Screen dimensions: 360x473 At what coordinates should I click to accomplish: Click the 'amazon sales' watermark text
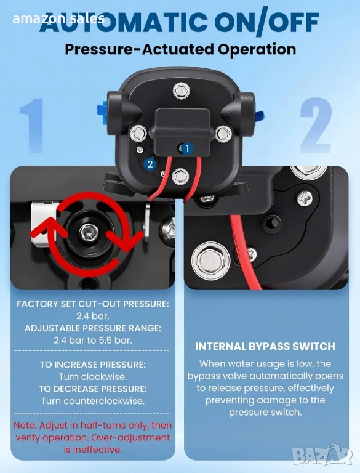[x=58, y=19]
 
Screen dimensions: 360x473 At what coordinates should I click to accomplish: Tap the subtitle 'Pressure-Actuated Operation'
[x=180, y=49]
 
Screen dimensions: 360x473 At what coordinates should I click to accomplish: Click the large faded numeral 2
[x=316, y=124]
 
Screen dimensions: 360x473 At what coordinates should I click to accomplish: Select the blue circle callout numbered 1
[x=187, y=148]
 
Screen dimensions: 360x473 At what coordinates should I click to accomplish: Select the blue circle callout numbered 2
[x=150, y=164]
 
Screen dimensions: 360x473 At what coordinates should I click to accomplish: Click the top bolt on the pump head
[x=181, y=90]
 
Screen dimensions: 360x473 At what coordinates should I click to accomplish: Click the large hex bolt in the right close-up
[x=210, y=261]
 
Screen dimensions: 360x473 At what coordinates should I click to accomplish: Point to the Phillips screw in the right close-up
[x=305, y=199]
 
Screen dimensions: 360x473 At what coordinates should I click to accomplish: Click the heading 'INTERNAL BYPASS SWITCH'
[x=265, y=346]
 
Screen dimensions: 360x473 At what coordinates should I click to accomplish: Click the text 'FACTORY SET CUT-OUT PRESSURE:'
[x=93, y=304]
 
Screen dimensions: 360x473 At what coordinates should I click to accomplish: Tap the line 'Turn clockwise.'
[x=93, y=377]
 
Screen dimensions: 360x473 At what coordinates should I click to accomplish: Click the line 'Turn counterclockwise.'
[x=93, y=401]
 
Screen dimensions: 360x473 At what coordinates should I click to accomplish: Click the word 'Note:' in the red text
[x=25, y=426]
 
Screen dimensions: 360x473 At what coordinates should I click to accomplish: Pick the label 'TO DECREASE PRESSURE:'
[x=93, y=389]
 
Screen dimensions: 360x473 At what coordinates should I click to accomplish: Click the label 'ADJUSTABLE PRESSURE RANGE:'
[x=93, y=328]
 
